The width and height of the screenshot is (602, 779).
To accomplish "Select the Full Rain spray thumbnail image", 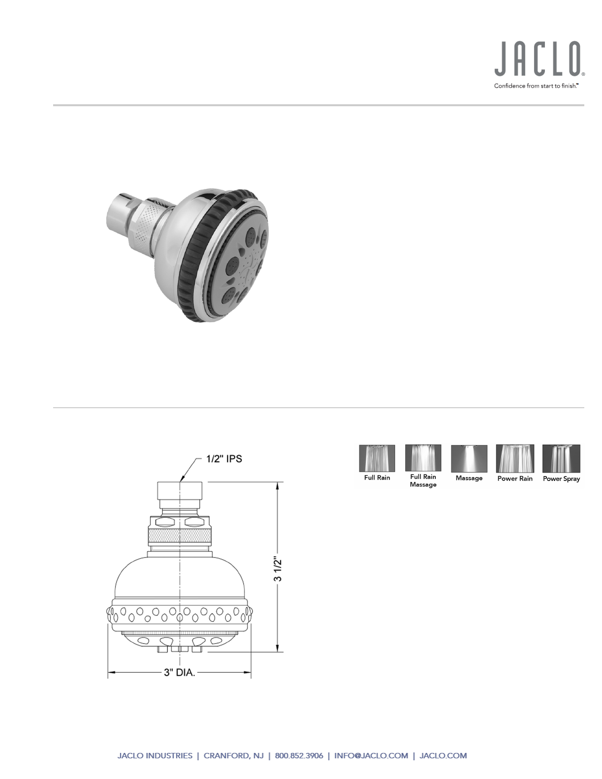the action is (x=377, y=458).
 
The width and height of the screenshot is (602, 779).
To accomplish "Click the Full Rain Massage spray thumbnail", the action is (x=423, y=458).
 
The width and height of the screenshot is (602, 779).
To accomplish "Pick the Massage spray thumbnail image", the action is (x=469, y=458).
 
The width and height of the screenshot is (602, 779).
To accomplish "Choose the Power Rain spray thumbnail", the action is (x=515, y=458).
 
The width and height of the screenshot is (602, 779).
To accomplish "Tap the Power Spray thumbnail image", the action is (x=561, y=458).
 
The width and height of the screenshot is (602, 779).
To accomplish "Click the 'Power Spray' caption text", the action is (x=561, y=479).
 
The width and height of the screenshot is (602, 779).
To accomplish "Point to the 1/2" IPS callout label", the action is (x=224, y=459).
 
